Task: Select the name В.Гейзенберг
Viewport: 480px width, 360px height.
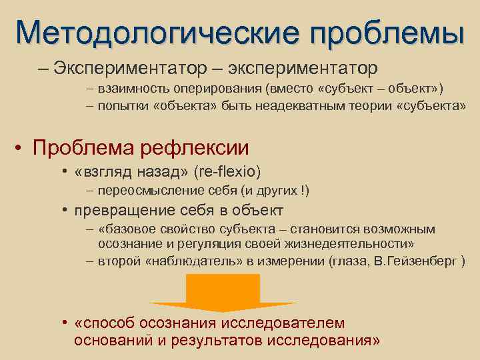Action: click(x=410, y=260)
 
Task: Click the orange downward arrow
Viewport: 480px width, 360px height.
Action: click(x=222, y=292)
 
